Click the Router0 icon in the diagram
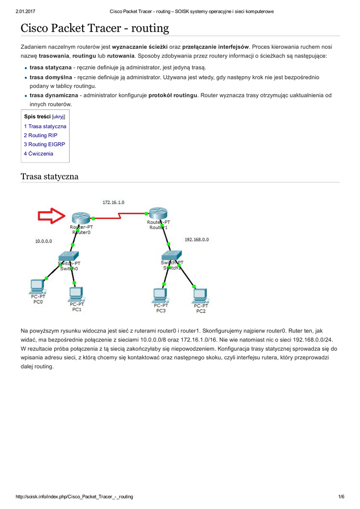click(x=80, y=218)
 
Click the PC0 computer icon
click(x=37, y=286)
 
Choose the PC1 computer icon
click(x=76, y=294)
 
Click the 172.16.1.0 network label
click(x=113, y=203)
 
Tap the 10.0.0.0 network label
click(x=43, y=241)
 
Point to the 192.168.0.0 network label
click(x=196, y=240)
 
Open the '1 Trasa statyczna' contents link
click(x=45, y=126)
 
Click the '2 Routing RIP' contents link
click(x=40, y=135)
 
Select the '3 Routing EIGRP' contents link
click(x=44, y=145)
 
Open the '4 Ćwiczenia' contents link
click(x=38, y=154)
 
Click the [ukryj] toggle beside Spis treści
click(x=59, y=117)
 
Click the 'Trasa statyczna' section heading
click(x=49, y=176)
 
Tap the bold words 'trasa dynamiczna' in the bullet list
click(x=54, y=95)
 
